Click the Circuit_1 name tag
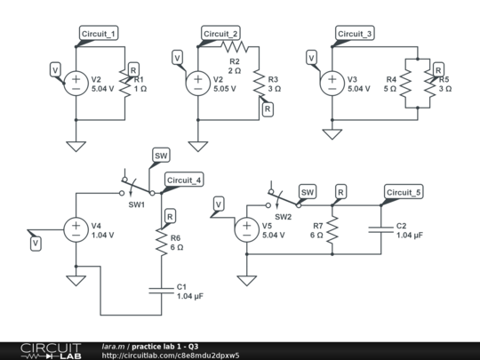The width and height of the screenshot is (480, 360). coord(99,34)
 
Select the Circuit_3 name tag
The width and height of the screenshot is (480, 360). coord(355,34)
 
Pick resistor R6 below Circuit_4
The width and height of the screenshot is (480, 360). coord(161,243)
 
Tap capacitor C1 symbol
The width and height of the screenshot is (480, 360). coord(161,288)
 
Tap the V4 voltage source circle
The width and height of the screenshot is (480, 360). coord(76,231)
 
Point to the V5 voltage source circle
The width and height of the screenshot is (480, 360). coord(246,231)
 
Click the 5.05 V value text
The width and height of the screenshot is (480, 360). coord(227,90)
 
